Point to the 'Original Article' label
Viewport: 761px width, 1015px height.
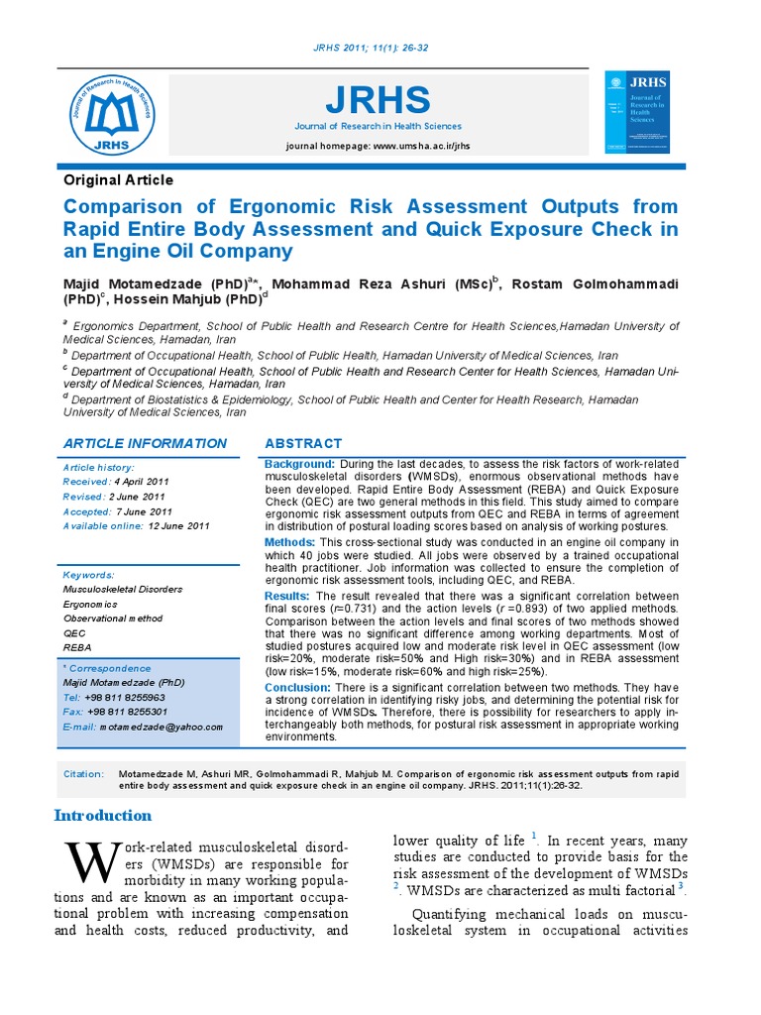(118, 180)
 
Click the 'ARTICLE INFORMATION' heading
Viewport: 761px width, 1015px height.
(145, 443)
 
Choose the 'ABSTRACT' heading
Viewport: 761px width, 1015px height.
(303, 443)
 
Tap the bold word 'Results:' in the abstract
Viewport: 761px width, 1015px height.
(287, 596)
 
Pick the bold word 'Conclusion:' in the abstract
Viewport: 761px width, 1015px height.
(297, 687)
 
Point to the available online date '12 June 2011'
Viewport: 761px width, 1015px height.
(179, 525)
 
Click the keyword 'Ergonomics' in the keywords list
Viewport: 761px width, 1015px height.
(89, 604)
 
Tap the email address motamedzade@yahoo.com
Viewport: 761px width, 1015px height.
(161, 727)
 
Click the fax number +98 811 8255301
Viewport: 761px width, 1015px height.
(127, 712)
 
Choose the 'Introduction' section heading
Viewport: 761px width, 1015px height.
(103, 816)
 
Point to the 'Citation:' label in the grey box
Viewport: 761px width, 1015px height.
(84, 774)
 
